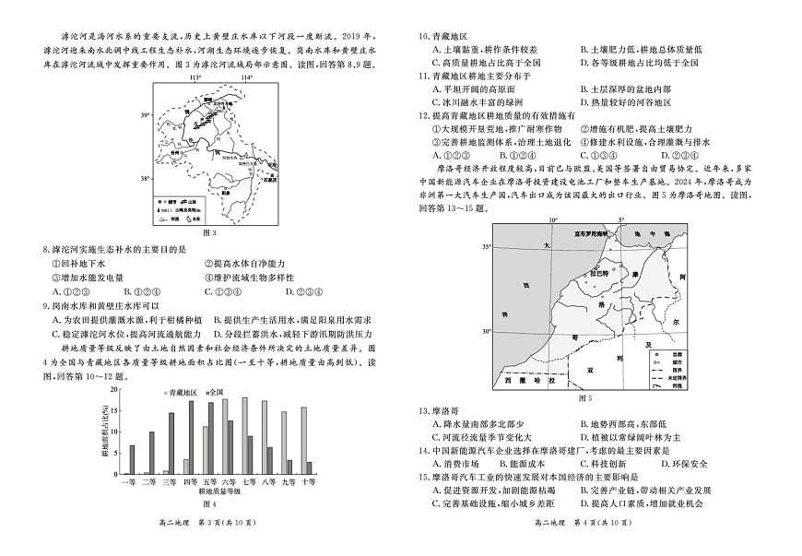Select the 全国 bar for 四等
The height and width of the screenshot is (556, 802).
click(196, 441)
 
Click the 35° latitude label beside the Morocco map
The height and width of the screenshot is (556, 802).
click(486, 246)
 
